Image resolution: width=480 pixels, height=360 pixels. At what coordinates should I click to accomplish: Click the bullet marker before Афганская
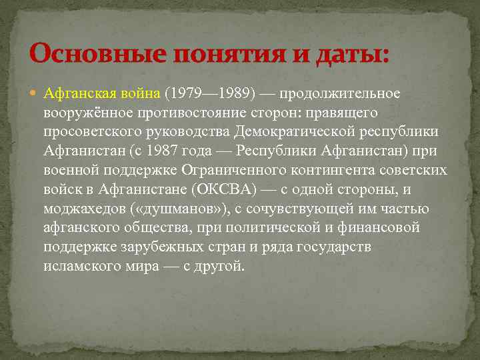(35, 92)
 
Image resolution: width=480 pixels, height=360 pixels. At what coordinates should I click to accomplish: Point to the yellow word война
(141, 92)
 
